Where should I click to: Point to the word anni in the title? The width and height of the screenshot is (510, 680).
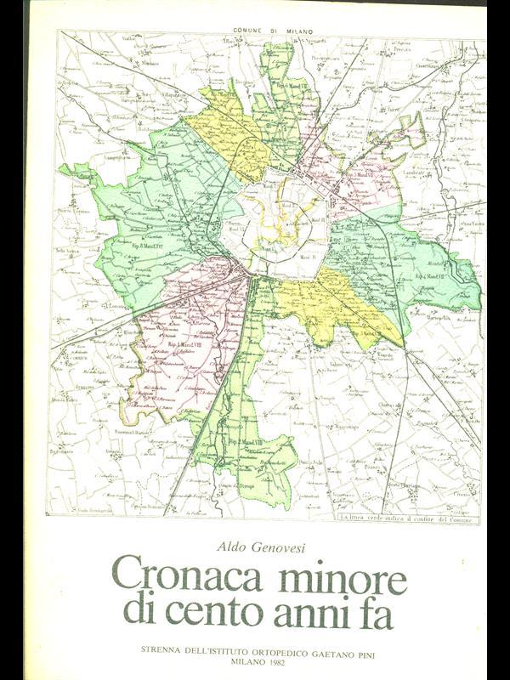coord(325,614)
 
